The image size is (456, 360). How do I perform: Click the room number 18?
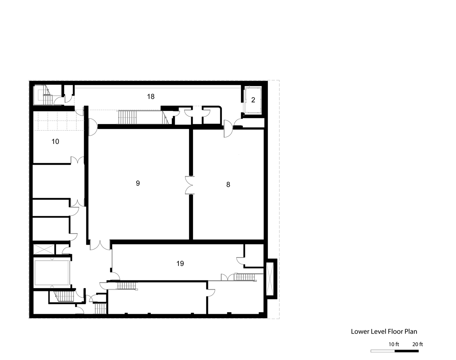point(151,96)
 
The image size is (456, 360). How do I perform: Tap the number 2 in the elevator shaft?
point(253,100)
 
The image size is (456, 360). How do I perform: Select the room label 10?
point(55,141)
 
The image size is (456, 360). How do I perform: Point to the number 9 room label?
point(138,183)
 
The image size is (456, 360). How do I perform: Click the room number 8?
point(228,184)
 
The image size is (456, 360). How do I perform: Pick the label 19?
point(180,264)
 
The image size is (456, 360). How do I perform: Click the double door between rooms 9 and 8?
point(190,185)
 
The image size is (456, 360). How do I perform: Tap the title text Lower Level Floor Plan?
point(384,331)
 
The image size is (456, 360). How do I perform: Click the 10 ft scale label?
point(394,344)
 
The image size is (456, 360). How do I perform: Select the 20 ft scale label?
point(418,344)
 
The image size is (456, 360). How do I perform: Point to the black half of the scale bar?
point(407,351)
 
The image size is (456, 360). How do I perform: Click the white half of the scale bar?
point(383,351)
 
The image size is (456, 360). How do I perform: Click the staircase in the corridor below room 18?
point(127,117)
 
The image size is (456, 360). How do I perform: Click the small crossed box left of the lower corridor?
point(44,249)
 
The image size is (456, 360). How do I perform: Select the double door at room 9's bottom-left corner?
point(100,245)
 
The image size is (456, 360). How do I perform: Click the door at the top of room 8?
point(228,130)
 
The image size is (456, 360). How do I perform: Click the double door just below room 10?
point(77,160)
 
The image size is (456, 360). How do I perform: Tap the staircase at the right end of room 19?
point(244,277)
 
